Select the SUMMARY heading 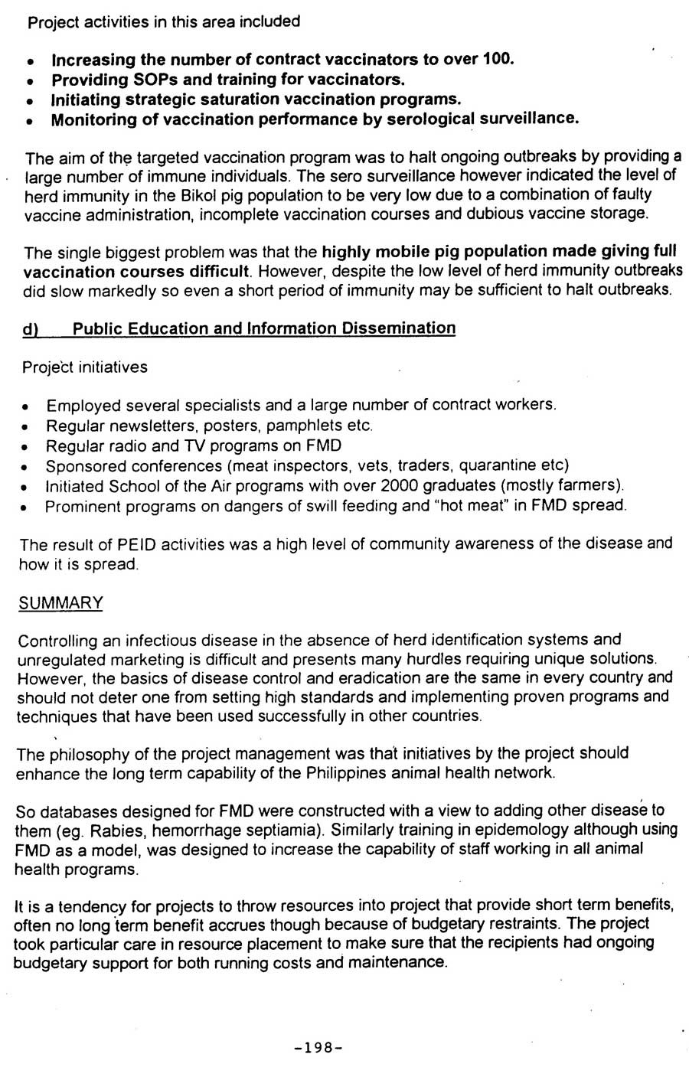[60, 603]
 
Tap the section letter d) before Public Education [31, 329]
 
